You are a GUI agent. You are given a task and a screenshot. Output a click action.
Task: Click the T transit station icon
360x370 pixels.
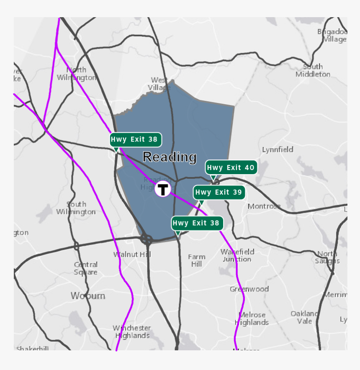coord(163,189)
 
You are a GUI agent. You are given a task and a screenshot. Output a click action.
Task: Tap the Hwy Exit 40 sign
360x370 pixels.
coord(231,167)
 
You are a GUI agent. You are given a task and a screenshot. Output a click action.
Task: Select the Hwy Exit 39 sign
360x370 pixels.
coord(219,193)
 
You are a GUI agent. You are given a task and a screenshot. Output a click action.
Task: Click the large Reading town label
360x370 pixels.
coord(170,157)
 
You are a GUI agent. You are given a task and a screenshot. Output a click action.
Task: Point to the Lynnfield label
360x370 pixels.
coord(278,149)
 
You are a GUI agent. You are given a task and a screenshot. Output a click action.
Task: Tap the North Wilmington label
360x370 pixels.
coord(76,74)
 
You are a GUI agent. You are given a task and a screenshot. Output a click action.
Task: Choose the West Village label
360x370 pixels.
coord(159,84)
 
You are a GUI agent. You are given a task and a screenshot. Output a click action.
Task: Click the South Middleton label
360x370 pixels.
coord(313,70)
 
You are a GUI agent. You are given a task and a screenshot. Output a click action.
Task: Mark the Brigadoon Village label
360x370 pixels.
coord(332,36)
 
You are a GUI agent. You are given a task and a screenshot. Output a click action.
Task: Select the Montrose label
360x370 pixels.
coord(264,206)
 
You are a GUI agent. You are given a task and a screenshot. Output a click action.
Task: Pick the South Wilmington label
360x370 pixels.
coord(76,208)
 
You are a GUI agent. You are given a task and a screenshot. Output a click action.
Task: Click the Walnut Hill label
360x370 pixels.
coord(126,254)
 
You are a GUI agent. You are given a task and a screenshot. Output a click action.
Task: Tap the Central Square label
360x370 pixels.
coord(86,268)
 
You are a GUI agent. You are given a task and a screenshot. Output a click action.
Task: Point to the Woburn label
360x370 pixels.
coord(88,296)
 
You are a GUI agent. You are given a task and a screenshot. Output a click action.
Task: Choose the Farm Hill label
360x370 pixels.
coord(197,260)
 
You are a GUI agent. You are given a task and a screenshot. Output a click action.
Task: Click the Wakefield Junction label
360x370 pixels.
coord(237,255)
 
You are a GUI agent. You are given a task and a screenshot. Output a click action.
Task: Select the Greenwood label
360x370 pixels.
coord(249,289)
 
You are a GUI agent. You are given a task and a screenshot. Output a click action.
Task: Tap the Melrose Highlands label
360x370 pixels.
coord(252,319)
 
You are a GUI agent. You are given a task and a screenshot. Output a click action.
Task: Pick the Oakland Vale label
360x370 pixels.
coord(305,317)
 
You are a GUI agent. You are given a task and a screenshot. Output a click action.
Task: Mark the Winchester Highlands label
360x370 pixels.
coord(132,331)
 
